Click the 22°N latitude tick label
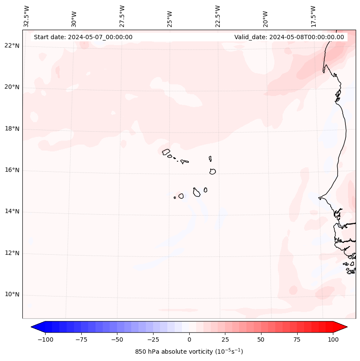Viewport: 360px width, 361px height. point(12,46)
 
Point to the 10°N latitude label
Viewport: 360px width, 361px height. point(12,295)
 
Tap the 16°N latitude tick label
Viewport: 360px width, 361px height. point(12,170)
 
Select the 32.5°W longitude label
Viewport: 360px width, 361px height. point(27,16)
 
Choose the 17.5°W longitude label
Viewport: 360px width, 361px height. point(313,16)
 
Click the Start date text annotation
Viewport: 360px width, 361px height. point(83,37)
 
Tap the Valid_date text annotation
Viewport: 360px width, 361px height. point(289,37)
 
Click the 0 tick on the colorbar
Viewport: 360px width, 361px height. point(189,339)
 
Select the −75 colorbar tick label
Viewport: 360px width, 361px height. point(81,339)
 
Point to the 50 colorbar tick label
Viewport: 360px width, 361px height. point(261,339)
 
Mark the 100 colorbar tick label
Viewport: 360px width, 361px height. point(333,339)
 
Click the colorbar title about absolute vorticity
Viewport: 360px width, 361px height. point(189,352)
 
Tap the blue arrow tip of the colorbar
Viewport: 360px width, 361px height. point(34,327)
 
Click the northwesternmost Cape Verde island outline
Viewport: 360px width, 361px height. point(166,151)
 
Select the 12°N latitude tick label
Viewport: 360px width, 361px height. point(12,253)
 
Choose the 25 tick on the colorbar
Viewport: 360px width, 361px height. point(225,339)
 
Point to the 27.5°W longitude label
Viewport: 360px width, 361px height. point(122,16)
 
